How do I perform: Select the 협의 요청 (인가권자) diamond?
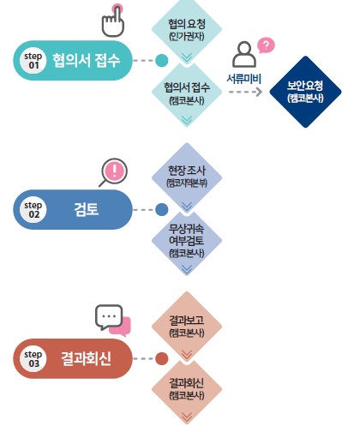tap(187, 31)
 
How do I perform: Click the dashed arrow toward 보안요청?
tap(248, 92)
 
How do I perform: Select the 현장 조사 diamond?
tap(187, 177)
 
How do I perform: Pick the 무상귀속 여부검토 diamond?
tap(187, 240)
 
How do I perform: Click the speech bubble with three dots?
tap(109, 317)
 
